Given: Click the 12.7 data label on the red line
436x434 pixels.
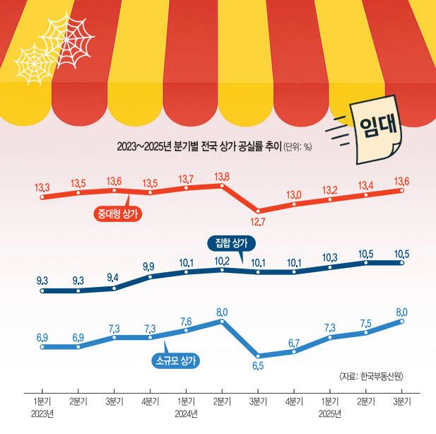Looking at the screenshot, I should click(258, 224).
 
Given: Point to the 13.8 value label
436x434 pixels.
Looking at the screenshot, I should click(222, 175).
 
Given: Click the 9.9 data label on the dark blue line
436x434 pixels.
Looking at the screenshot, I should click(150, 266).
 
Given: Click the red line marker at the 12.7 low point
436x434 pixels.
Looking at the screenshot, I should click(258, 210).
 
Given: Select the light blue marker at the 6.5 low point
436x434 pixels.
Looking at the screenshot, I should click(258, 356).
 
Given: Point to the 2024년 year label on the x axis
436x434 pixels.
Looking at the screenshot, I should click(186, 413).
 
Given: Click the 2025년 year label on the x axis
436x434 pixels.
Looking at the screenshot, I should click(330, 413).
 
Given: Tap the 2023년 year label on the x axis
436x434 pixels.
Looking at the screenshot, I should click(42, 413).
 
